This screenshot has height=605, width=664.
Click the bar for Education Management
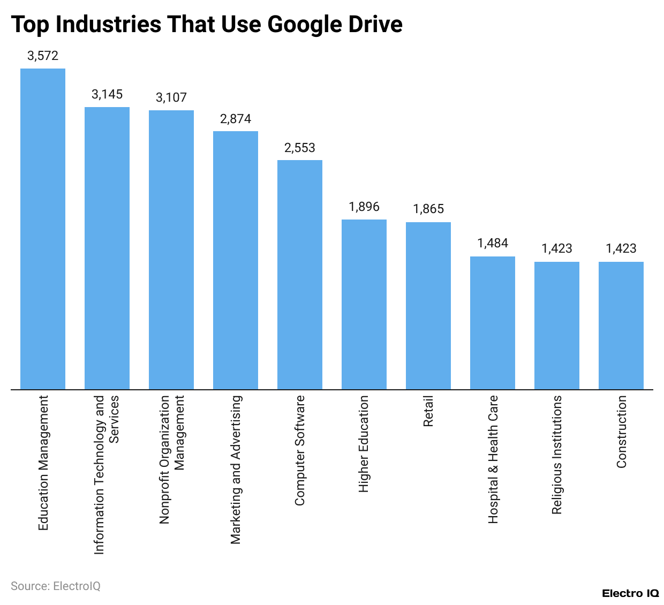pos(43,229)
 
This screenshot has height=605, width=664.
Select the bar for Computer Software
pos(300,275)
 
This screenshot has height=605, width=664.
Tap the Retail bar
pos(428,306)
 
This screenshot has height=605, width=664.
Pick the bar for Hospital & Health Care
pos(493,323)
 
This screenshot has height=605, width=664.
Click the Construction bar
pos(621,326)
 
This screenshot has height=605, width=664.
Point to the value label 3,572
pos(43,56)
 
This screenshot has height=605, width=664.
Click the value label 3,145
pos(107,94)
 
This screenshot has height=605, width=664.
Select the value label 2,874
pos(236,119)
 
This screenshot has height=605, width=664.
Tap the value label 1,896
pos(364,207)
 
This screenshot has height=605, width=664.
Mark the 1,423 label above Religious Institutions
pos(557,248)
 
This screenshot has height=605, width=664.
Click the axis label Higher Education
pos(364,444)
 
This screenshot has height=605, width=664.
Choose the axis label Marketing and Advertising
pos(236,470)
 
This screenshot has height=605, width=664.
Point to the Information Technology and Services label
pos(107,474)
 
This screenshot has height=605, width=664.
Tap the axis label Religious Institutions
pos(557,455)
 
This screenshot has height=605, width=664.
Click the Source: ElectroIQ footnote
pos(56,586)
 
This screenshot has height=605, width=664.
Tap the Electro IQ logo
pos(630,593)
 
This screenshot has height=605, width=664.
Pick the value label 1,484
pos(493,243)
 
